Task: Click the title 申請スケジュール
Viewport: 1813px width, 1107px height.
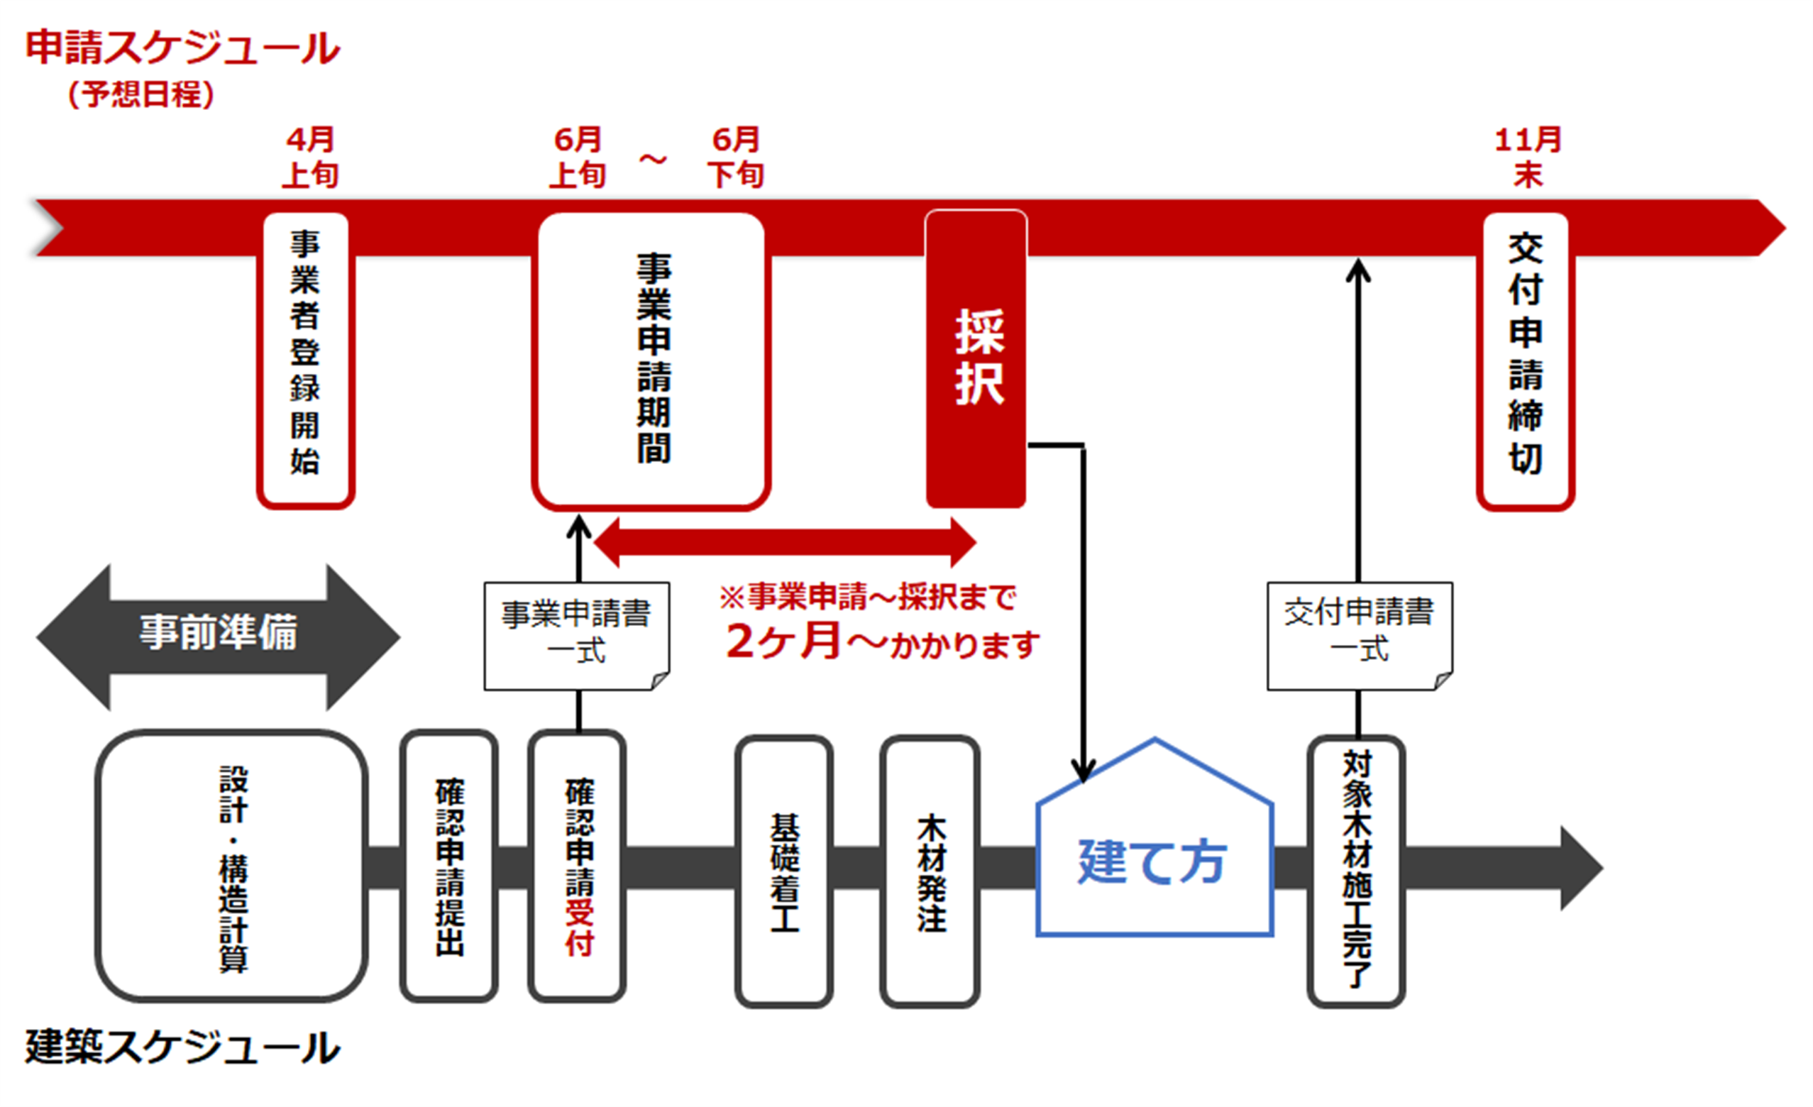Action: (182, 48)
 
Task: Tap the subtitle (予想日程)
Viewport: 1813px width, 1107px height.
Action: (140, 94)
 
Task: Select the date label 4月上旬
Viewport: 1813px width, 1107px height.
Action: (311, 158)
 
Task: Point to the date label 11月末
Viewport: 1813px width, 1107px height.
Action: (1528, 158)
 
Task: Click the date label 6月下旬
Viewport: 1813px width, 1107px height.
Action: (735, 158)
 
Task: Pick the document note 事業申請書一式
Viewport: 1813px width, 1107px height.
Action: (576, 634)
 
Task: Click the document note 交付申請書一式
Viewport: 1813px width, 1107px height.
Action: (1359, 634)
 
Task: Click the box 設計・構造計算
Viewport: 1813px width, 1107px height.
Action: (232, 867)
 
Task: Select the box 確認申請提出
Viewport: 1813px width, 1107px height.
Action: (449, 867)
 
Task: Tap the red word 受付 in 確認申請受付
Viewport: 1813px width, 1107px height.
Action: (579, 929)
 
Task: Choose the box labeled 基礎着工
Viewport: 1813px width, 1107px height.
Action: (784, 872)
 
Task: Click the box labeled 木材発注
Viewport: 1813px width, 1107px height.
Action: (930, 872)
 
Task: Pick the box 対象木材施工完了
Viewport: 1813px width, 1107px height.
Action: (1356, 872)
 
